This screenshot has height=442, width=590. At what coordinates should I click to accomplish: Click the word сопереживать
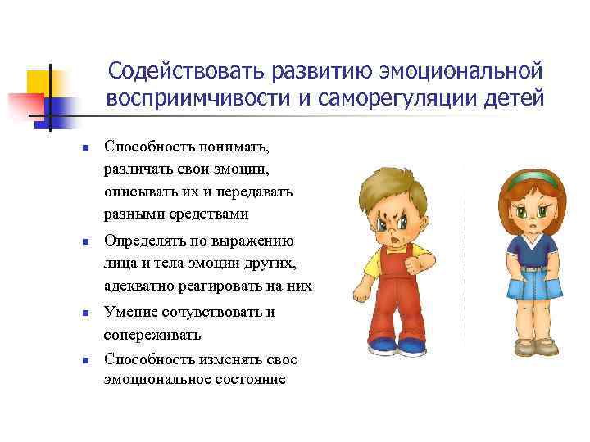click(x=152, y=335)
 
